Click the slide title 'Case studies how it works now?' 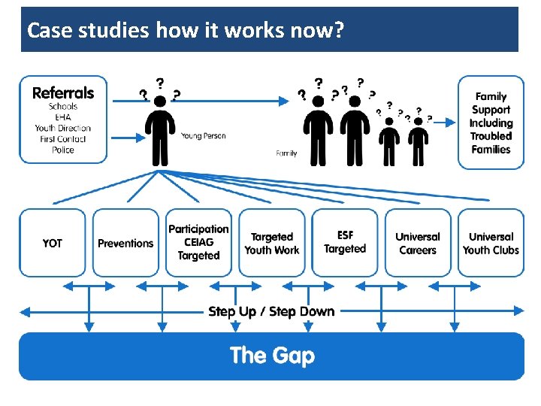click(x=186, y=31)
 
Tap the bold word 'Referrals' click(x=63, y=92)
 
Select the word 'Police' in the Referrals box click(x=63, y=150)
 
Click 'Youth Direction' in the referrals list click(x=63, y=128)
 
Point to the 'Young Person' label click(x=203, y=136)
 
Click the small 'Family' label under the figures click(x=286, y=153)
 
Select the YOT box click(x=53, y=243)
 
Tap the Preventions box click(x=125, y=243)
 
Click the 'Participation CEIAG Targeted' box click(x=198, y=242)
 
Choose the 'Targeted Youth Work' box click(x=271, y=243)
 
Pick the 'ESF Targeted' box click(x=345, y=242)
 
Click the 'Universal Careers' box click(x=418, y=243)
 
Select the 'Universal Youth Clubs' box click(x=491, y=243)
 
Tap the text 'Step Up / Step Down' click(x=271, y=311)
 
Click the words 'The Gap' click(x=272, y=355)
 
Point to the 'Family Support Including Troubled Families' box click(x=491, y=123)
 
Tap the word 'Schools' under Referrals click(x=63, y=106)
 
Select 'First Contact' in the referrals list click(x=63, y=139)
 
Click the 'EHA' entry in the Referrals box click(x=63, y=117)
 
